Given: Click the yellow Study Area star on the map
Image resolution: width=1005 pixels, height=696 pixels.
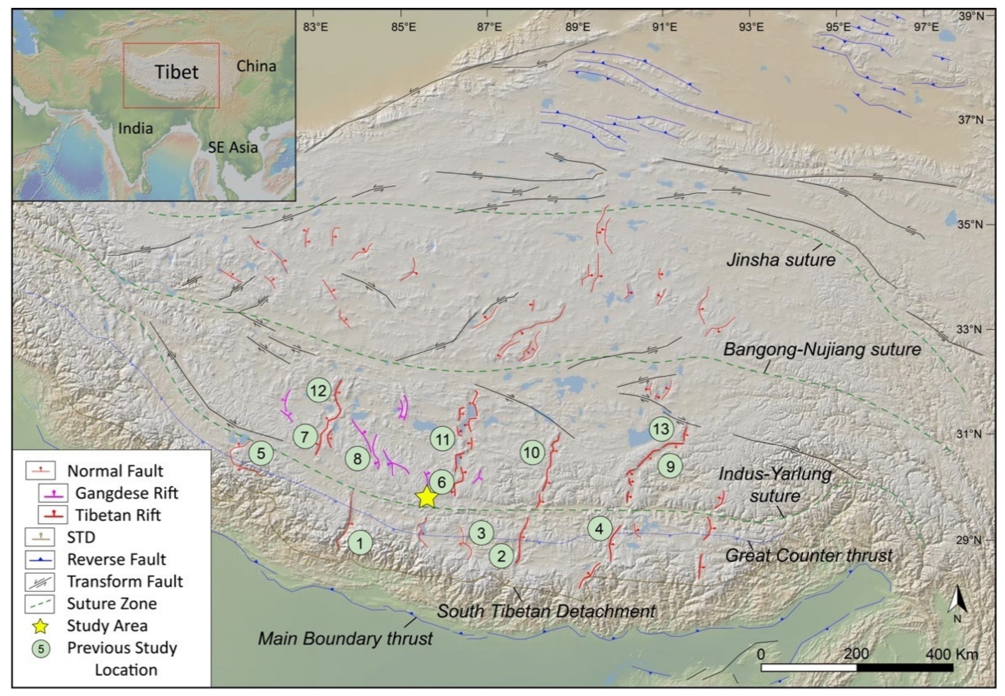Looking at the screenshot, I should click(x=426, y=497).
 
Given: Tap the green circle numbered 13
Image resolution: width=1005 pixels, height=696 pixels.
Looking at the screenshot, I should click(x=661, y=429).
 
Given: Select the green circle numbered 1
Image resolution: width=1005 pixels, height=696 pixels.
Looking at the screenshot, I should click(x=360, y=543).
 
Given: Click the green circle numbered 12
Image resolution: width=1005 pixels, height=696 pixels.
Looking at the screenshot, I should click(x=318, y=391).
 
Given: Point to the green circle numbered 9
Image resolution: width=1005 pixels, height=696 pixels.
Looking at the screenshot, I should click(x=670, y=467).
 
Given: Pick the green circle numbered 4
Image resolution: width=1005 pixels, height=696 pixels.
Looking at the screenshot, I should click(x=599, y=529).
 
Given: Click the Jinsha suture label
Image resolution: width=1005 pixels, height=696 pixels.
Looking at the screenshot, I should click(x=780, y=260).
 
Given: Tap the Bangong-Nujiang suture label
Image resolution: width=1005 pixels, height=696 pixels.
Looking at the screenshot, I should click(x=822, y=349).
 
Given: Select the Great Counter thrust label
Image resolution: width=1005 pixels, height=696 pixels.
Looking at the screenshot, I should click(x=808, y=556).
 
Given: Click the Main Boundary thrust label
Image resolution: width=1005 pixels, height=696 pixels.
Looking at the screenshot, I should click(x=345, y=639).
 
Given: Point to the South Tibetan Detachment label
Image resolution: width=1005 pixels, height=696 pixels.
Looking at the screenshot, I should click(x=546, y=611).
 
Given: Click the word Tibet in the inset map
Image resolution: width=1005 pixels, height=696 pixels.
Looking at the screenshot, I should click(x=177, y=72).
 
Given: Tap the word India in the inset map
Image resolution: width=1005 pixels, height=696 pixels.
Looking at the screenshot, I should click(x=136, y=128).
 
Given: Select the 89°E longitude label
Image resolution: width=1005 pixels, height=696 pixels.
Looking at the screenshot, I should click(x=578, y=27).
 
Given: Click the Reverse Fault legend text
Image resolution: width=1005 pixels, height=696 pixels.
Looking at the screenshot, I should click(x=117, y=560).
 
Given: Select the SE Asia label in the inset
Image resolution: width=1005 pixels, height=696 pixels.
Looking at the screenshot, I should click(x=232, y=147).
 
